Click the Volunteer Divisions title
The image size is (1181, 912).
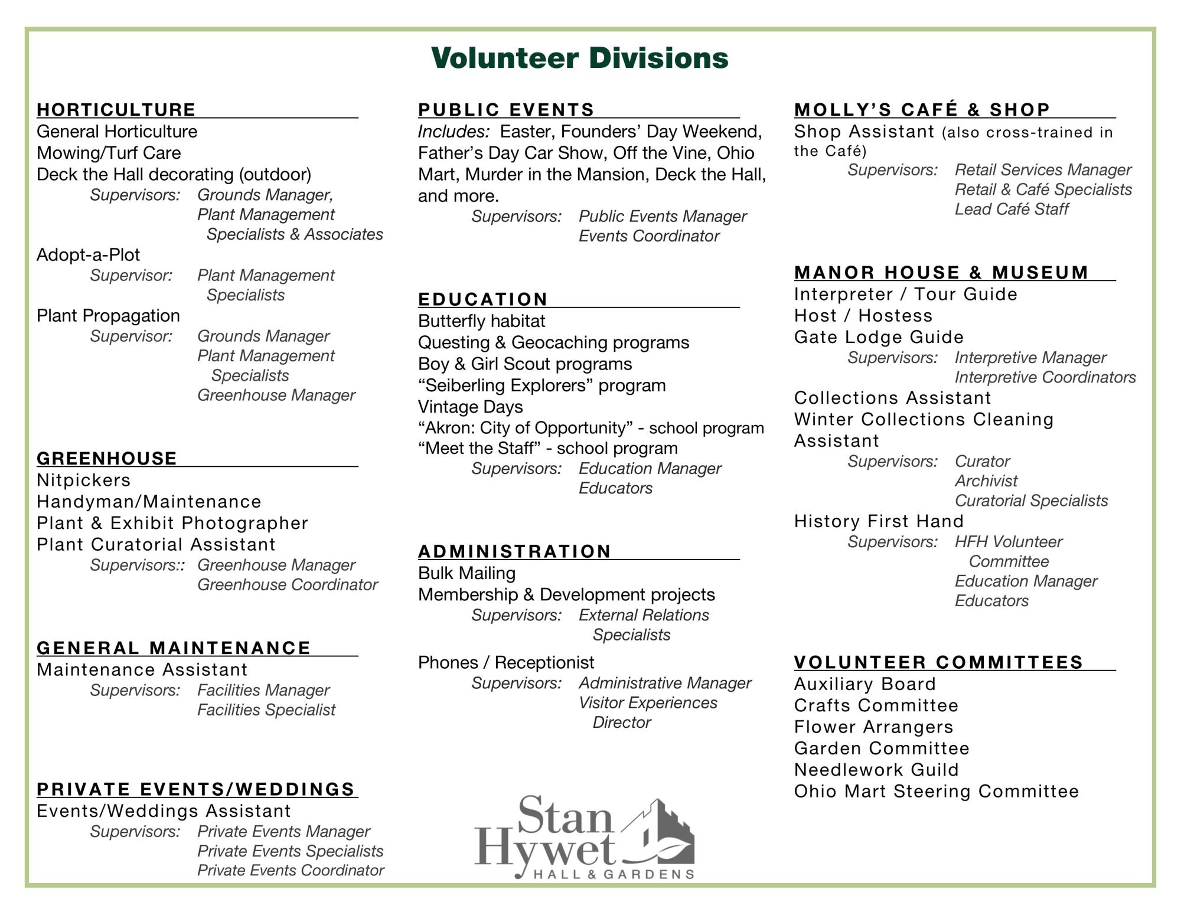pos(579,58)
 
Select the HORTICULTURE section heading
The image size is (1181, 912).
pos(116,110)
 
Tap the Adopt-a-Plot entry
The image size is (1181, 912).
pos(88,255)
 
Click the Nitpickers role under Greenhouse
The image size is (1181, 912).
pos(83,480)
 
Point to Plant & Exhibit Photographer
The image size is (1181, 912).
pos(172,523)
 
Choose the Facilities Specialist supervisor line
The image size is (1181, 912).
pos(266,710)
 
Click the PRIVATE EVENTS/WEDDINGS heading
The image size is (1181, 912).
pos(195,789)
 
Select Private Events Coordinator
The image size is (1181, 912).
pos(290,870)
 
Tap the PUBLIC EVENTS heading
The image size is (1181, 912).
pos(506,110)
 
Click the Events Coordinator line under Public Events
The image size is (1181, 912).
pos(648,236)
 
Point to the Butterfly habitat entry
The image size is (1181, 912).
pos(481,321)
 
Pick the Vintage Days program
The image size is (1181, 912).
pos(470,407)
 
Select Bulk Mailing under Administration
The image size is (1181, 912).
pos(466,573)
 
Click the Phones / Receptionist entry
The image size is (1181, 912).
pos(505,662)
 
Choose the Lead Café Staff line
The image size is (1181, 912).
pos(1011,209)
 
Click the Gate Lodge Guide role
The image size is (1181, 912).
pos(879,337)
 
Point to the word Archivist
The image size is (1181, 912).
pos(986,481)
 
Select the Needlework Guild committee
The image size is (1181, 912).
pos(876,770)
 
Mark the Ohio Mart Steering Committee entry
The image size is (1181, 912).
pos(936,791)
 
